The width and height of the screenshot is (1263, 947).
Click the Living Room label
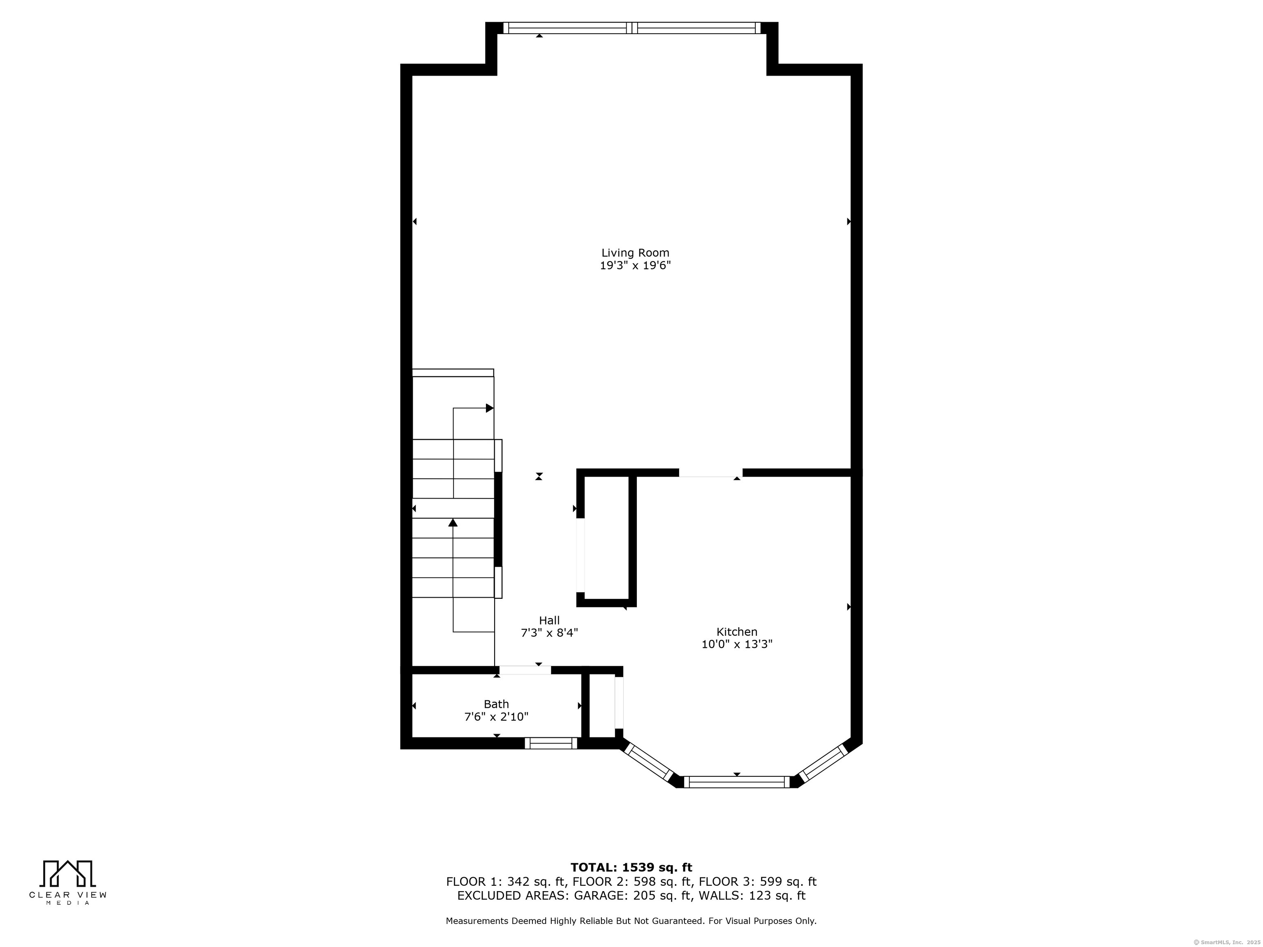pos(635,253)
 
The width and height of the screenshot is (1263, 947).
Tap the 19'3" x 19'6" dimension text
pos(635,266)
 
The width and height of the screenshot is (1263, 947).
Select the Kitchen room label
pos(737,632)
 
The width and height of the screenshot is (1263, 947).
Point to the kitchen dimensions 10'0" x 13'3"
pos(737,644)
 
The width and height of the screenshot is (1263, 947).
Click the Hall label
pos(549,621)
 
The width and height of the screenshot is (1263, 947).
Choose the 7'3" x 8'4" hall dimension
pos(549,633)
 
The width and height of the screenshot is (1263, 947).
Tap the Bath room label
pos(496,704)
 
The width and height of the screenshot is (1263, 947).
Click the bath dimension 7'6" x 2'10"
pos(496,717)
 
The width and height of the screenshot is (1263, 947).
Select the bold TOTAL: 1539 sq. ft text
pos(631,868)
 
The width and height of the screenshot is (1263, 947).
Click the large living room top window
pos(632,28)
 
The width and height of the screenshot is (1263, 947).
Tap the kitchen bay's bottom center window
pos(737,782)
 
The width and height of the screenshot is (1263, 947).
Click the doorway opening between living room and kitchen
pos(710,473)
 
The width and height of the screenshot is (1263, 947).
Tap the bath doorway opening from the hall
pos(525,670)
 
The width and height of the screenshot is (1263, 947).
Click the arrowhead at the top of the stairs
pos(489,408)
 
